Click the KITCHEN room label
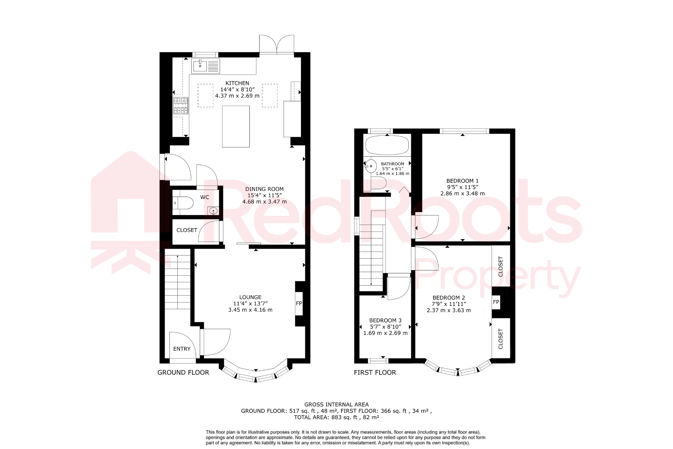[237, 83]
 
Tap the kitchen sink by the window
[200, 66]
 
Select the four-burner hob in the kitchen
[180, 106]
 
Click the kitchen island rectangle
[236, 126]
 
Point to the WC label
[204, 197]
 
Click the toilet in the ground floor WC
[183, 203]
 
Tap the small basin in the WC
[213, 211]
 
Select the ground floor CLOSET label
[187, 230]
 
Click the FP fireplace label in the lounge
[299, 303]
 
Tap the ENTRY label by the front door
[182, 349]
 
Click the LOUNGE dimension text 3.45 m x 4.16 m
[250, 310]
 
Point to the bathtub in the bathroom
[387, 145]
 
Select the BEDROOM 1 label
[462, 181]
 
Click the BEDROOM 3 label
[385, 320]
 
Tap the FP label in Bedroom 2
[496, 302]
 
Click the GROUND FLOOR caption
[183, 372]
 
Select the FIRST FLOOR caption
[375, 372]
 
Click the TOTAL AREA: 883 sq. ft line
[336, 417]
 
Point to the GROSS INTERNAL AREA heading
[336, 405]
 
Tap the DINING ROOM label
[264, 189]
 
